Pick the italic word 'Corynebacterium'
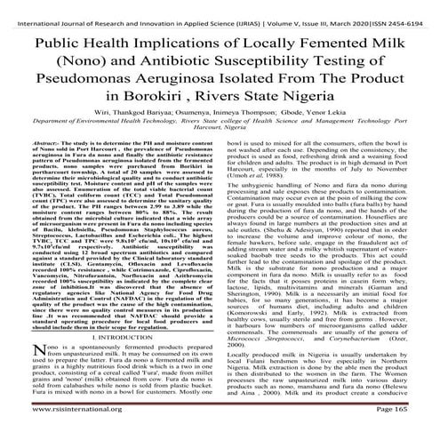pos(356,363)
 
